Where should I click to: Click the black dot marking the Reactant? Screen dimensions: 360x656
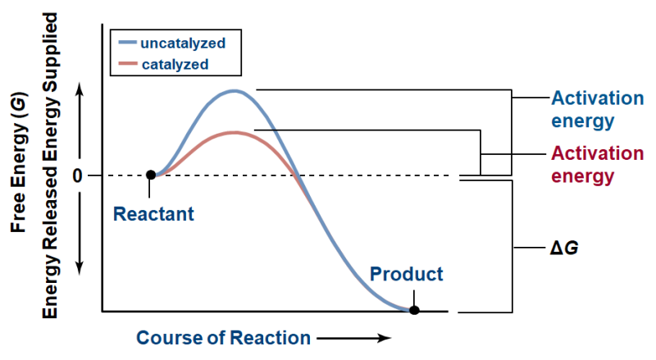[150, 175]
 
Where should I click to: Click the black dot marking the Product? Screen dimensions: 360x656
[415, 310]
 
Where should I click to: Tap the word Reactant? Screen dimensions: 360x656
[153, 215]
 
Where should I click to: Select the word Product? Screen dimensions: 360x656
[406, 274]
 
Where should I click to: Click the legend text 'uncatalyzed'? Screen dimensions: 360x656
[183, 41]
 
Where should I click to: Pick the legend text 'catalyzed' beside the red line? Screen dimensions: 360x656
[174, 63]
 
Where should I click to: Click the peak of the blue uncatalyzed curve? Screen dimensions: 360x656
[235, 90]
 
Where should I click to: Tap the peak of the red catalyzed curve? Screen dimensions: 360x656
[235, 132]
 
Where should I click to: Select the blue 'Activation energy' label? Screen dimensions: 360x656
[597, 110]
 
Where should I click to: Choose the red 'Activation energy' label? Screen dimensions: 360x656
[597, 164]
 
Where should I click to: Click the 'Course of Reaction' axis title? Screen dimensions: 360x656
[223, 338]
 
